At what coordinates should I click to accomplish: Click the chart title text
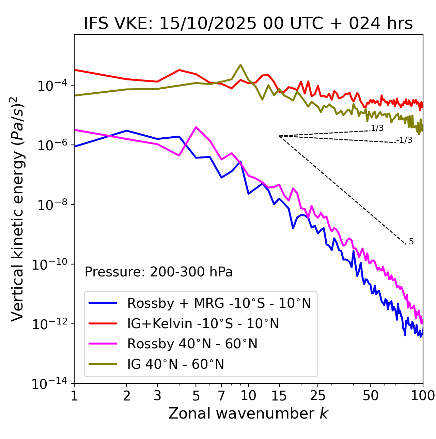coord(248,24)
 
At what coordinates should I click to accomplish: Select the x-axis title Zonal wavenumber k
coord(248,413)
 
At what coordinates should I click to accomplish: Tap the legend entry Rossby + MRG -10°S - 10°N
coord(219,303)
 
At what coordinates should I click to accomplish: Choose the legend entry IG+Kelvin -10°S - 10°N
coord(203,323)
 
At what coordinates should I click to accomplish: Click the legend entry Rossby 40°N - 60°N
coord(192,344)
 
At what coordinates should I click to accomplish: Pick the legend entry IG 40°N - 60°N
coord(175,364)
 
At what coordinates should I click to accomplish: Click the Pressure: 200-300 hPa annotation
coord(159,272)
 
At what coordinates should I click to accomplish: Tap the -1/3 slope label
coord(405,140)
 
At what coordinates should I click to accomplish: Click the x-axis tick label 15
coord(279,396)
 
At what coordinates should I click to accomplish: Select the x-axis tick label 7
coord(221,396)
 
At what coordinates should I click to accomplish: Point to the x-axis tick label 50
coord(370,396)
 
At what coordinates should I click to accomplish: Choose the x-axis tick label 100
coord(422,396)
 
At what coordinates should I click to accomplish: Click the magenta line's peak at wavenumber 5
coord(196,127)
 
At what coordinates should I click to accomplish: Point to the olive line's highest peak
coord(240,64)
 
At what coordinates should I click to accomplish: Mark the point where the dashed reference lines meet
coord(279,136)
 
